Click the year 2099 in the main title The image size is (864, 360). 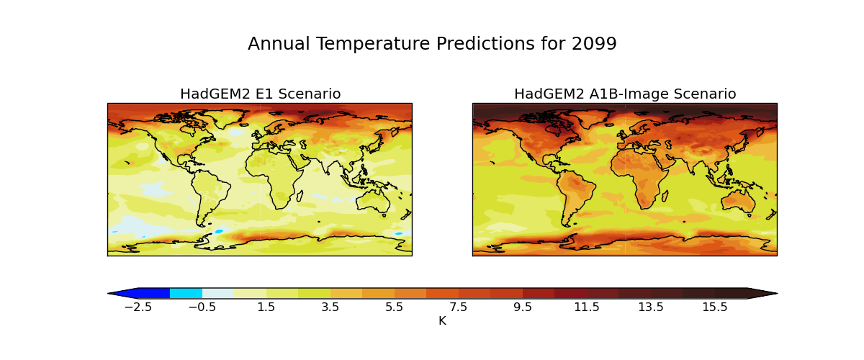coord(594,44)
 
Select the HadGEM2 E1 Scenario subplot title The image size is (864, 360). coord(260,94)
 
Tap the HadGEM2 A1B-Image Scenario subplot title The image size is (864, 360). coord(625,94)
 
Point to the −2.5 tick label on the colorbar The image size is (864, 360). coord(138,307)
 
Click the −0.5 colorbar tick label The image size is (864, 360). coord(202,307)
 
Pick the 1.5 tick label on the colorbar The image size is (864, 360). coord(266,307)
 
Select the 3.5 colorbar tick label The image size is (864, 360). coord(330,307)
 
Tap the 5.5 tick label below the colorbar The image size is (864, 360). coord(395,307)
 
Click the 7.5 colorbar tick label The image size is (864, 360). coord(459,307)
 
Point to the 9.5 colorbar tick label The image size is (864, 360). coord(523,307)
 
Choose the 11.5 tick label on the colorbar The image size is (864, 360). coord(587,307)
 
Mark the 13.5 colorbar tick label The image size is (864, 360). coord(651,307)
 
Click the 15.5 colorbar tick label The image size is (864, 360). coord(715,307)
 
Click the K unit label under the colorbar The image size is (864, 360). coord(442,321)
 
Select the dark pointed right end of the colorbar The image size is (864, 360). coord(761,293)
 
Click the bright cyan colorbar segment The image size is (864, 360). coord(186,293)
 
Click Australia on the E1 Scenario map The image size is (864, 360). coord(376,198)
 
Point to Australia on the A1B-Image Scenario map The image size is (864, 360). coord(741,198)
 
